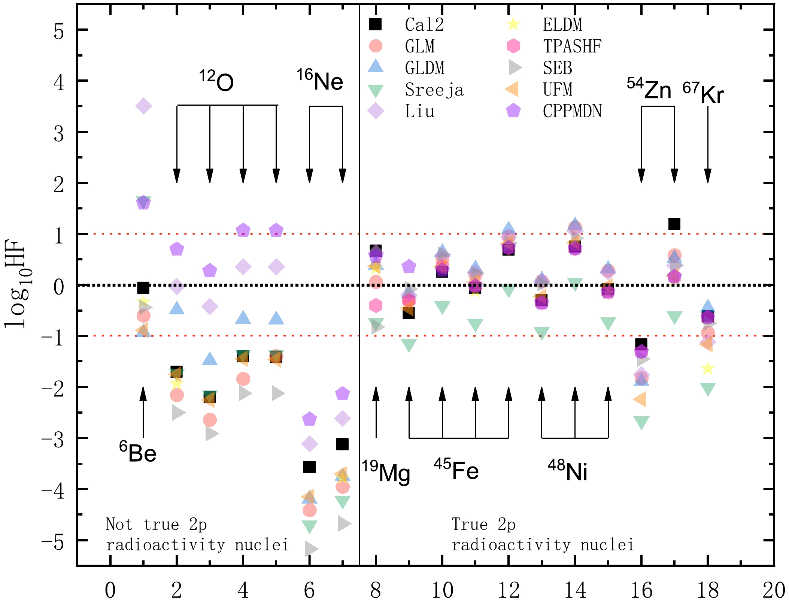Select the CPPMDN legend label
coord(572,111)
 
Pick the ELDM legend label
coord(562,25)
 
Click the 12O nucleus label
coord(216,81)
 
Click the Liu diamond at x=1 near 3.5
coord(143,106)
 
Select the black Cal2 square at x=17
coord(674,224)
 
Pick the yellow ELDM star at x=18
coord(707,368)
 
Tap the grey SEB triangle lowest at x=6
coord(311,549)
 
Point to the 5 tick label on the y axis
coord(59,31)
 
